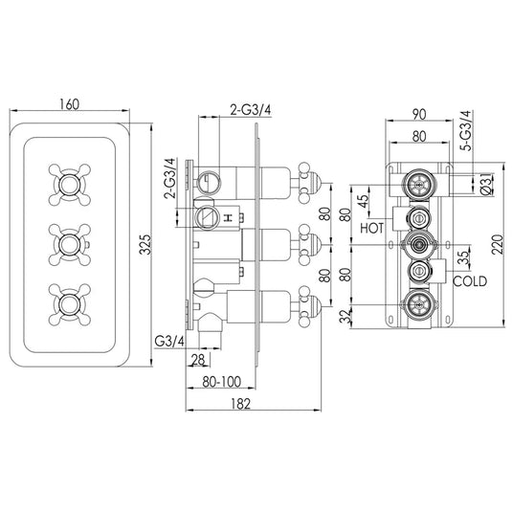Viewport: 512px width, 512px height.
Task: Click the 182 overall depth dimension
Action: (x=240, y=404)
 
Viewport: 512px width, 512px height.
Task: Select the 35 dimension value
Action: (x=462, y=256)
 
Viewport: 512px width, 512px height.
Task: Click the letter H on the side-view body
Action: (x=230, y=219)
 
